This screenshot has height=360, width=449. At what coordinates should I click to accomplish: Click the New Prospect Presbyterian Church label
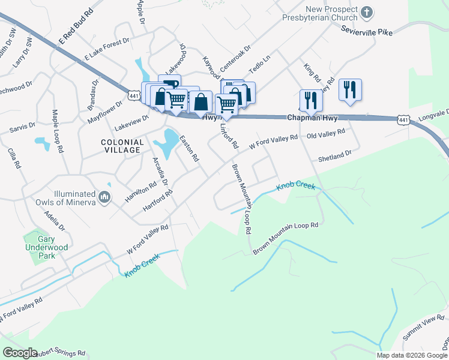322,14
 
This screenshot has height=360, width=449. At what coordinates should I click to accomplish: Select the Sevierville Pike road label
366,29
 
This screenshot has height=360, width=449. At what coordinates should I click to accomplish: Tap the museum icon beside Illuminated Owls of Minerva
104,197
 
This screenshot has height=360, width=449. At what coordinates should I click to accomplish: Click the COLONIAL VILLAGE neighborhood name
122,146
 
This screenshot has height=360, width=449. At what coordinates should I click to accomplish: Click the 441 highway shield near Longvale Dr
403,121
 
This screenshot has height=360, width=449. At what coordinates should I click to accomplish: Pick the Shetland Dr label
334,156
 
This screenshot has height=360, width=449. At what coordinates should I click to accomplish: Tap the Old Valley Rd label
326,134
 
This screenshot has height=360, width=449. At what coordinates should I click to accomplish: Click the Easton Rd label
188,148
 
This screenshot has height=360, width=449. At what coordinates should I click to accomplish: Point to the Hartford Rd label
158,200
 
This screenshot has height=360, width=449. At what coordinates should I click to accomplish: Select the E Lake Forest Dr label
107,48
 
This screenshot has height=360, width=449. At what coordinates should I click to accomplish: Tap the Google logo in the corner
20,353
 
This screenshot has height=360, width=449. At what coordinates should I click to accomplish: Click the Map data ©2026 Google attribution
412,355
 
